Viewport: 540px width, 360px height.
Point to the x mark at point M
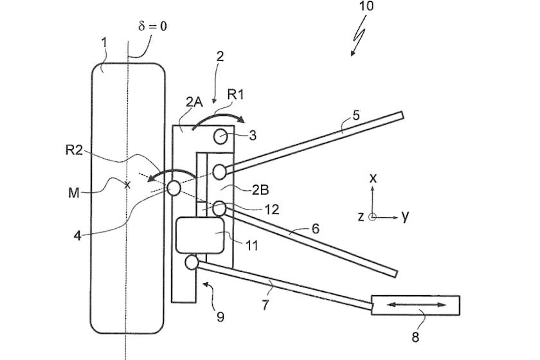(127, 185)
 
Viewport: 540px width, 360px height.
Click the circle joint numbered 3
(221, 136)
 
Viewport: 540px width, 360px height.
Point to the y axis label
(405, 217)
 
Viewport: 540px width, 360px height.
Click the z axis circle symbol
(372, 217)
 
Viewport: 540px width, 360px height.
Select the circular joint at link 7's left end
(191, 262)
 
